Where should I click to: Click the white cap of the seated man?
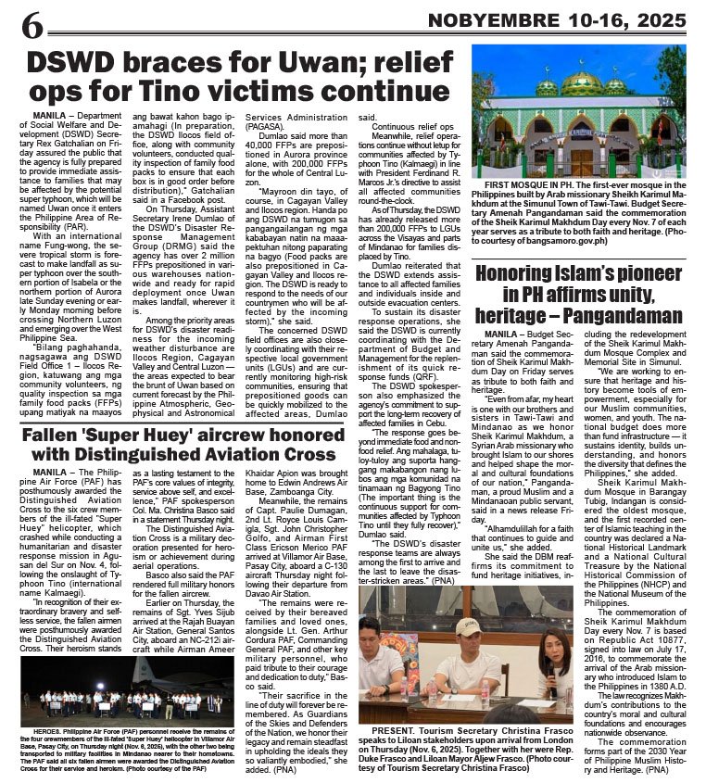(468, 625)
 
